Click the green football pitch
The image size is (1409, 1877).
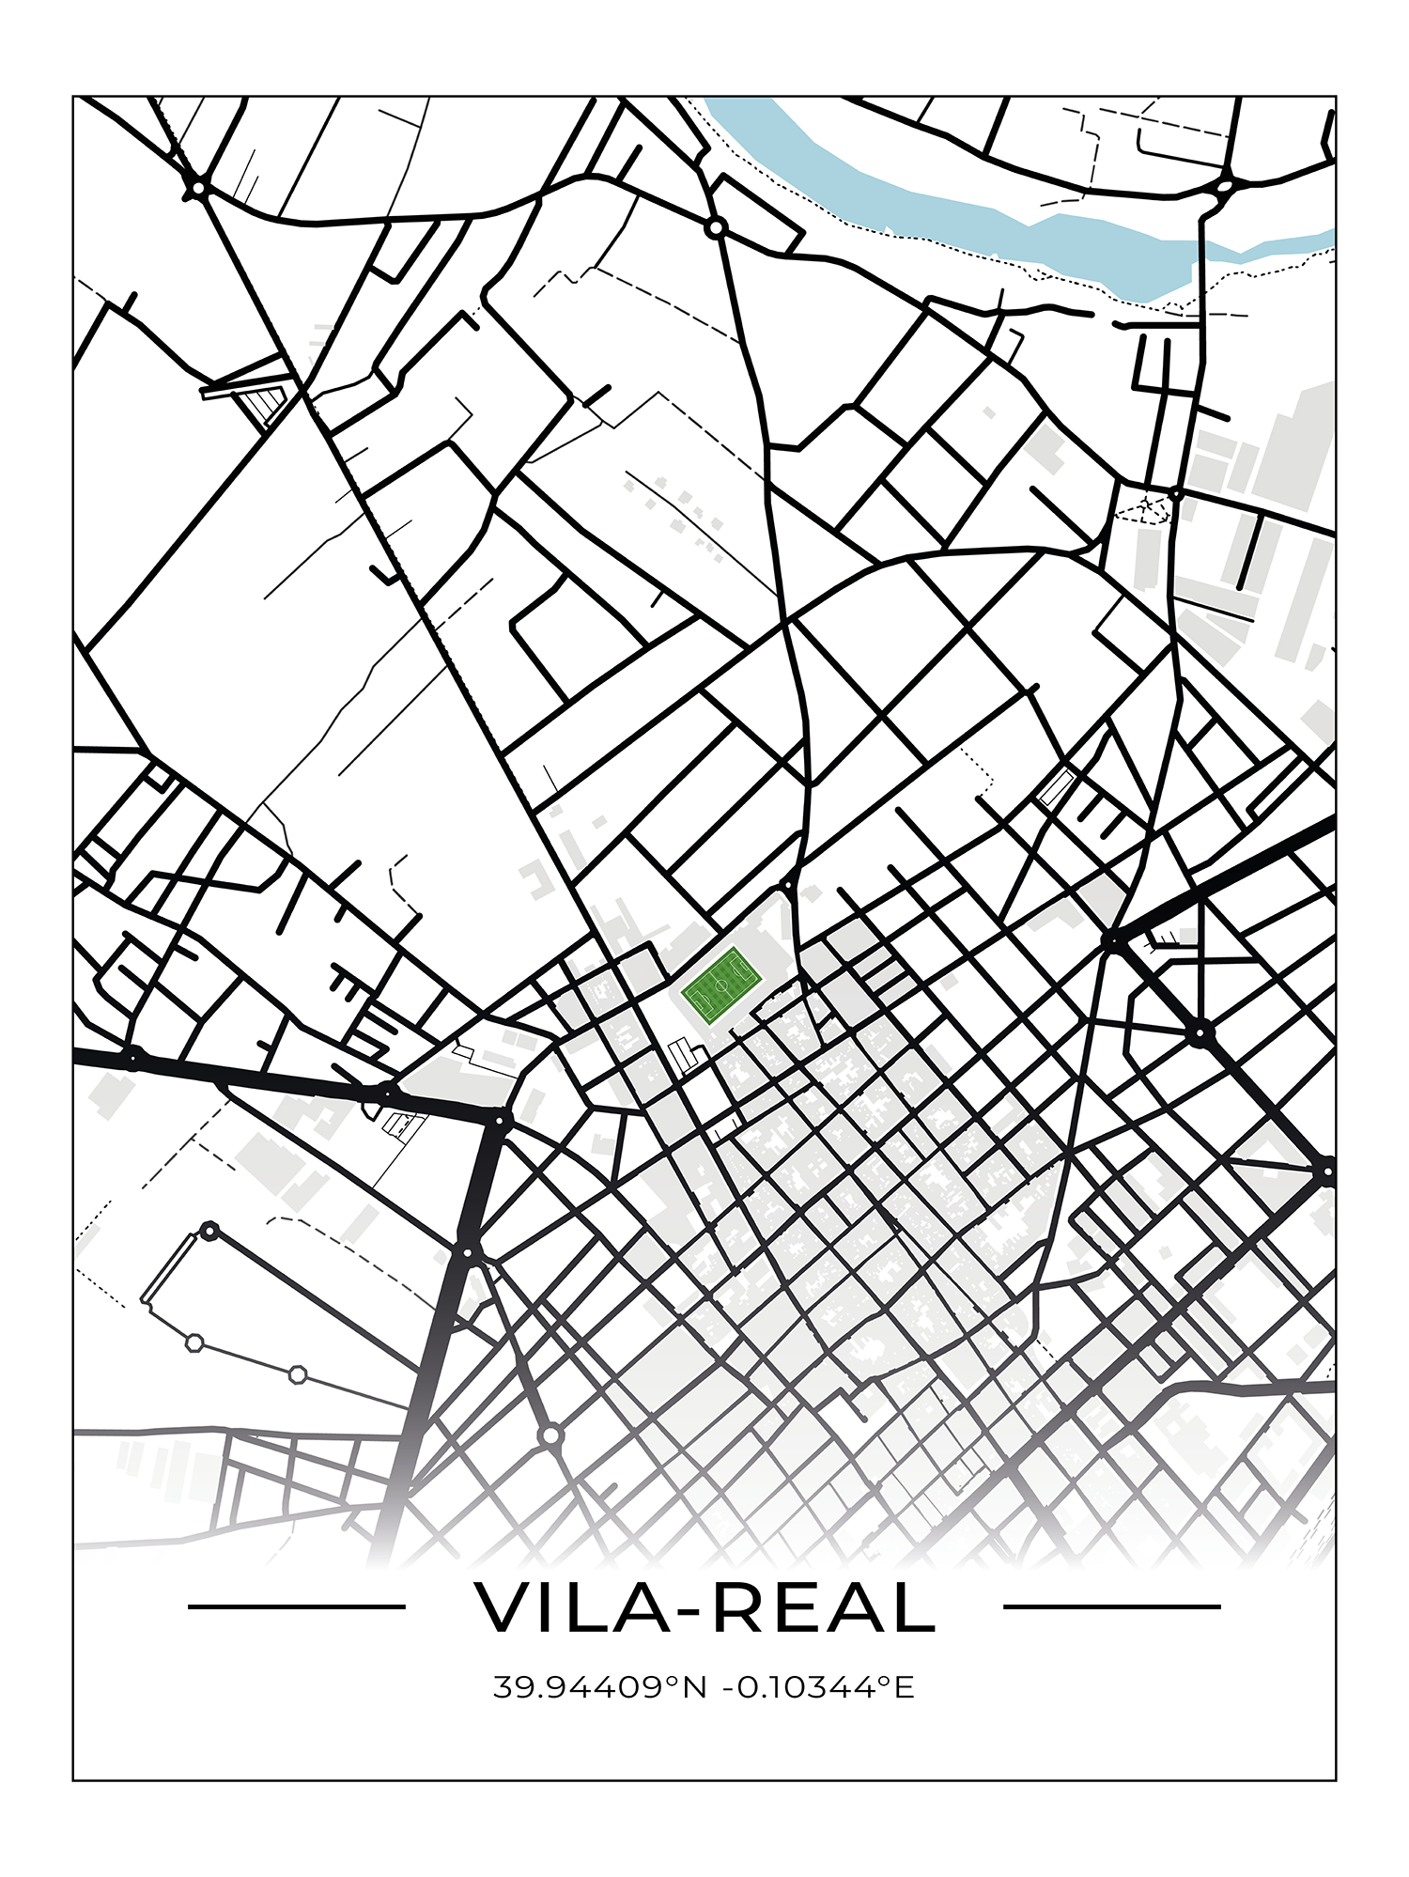721,986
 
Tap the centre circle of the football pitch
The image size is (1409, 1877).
721,986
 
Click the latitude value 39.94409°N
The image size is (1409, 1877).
599,1687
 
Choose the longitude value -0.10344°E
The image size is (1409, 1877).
817,1687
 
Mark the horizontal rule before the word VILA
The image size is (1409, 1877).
296,1606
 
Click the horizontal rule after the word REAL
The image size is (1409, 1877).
1111,1606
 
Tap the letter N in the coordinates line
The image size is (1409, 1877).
694,1687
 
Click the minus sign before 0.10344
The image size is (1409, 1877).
727,1689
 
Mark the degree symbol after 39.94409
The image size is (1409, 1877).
673,1681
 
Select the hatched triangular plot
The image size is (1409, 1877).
264,405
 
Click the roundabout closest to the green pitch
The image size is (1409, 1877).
787,886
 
